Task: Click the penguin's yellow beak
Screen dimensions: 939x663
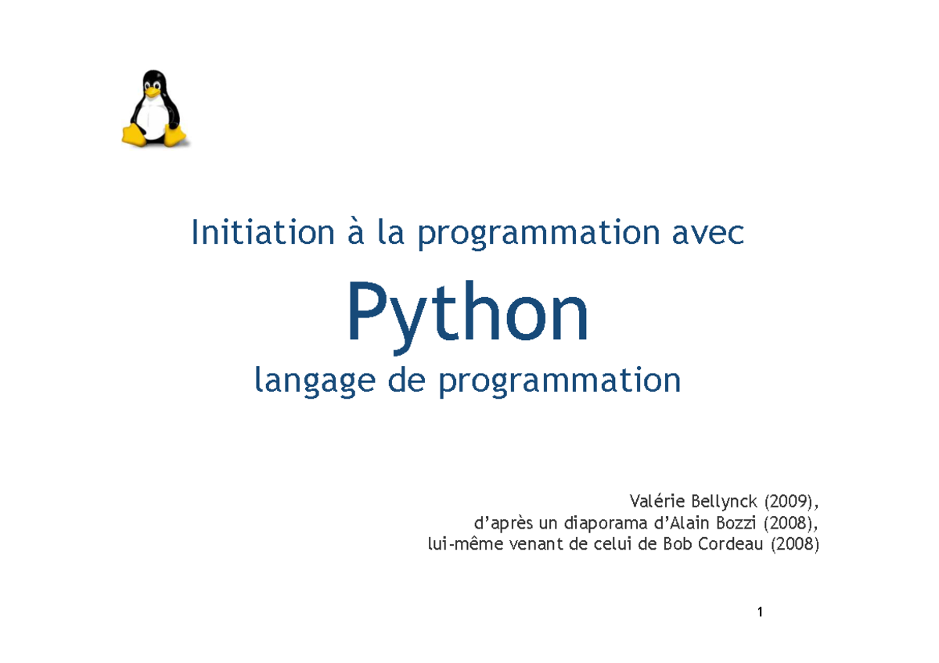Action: (x=152, y=91)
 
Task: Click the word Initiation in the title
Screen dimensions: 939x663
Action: (x=263, y=232)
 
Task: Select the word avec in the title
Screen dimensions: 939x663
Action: (x=707, y=233)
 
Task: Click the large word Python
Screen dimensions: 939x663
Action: (x=468, y=317)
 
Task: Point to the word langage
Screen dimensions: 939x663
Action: (x=315, y=380)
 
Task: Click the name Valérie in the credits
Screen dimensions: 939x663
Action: (x=657, y=501)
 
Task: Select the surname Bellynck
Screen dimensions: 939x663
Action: (x=725, y=501)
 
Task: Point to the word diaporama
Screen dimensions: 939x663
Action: (x=600, y=524)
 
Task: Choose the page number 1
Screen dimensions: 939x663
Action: (x=760, y=612)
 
